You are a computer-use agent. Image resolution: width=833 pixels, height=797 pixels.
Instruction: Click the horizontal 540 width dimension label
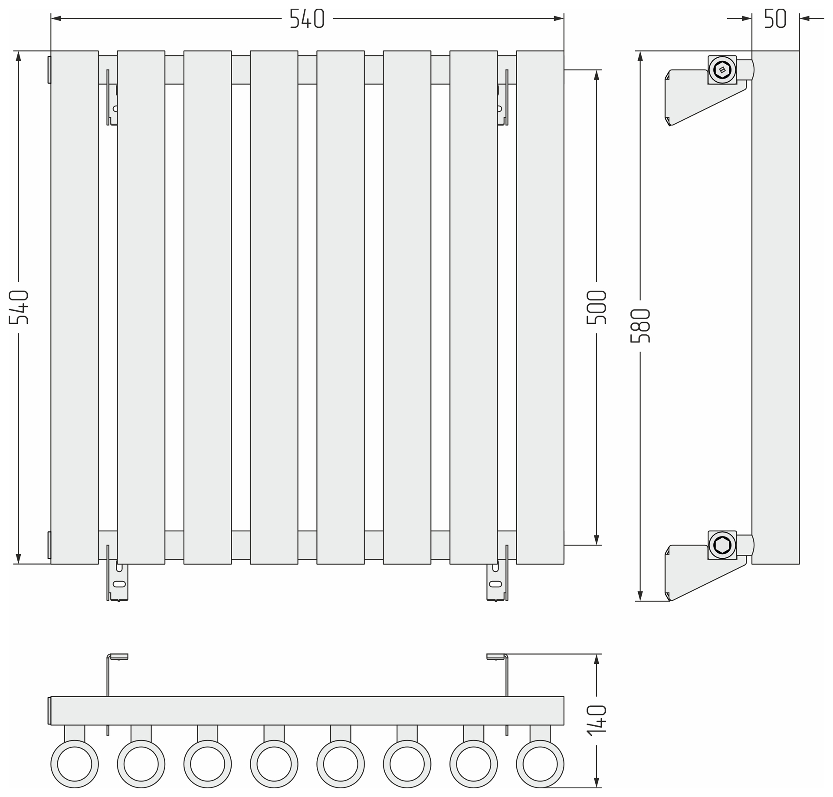307,18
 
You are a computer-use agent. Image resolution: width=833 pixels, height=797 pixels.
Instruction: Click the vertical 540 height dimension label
19,307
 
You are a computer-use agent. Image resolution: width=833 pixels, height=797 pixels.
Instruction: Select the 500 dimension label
596,307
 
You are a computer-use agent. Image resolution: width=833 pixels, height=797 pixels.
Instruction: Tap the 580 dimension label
640,326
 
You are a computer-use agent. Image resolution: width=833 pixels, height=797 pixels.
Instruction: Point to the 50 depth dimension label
775,18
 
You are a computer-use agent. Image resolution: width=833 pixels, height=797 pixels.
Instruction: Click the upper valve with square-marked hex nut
722,69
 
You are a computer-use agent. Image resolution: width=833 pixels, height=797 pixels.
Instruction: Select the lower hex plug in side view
722,545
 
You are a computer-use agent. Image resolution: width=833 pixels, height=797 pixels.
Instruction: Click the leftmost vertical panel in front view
75,307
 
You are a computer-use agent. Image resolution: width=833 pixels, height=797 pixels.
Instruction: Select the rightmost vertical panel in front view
540,307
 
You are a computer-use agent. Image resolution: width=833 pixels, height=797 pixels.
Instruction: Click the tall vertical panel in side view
776,307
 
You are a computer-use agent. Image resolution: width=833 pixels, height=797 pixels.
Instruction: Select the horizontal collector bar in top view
307,711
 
